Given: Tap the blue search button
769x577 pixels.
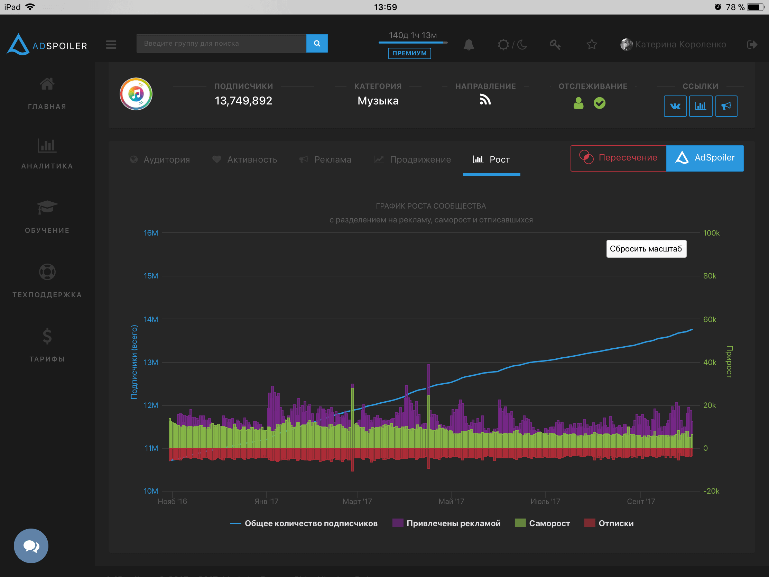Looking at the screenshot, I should tap(317, 44).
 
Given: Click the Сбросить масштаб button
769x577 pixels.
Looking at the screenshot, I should tap(646, 249).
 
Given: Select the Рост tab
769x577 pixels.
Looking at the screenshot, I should tap(492, 159).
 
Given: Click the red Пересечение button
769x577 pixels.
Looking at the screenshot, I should tap(618, 158).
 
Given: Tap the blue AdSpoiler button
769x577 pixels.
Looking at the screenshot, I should tap(705, 158).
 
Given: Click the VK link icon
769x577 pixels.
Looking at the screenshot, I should tap(675, 106).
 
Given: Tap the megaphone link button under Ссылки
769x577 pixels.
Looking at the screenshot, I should tap(726, 106).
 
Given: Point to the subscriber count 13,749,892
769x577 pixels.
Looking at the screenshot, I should tap(243, 101).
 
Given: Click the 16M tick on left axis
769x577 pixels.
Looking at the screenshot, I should tap(150, 233).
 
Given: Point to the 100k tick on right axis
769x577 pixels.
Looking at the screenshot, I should tap(711, 233).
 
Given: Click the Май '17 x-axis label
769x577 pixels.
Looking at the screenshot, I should tap(451, 501).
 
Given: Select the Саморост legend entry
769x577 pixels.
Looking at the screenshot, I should tap(542, 523).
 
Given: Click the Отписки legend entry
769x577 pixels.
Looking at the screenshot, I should tap(609, 523).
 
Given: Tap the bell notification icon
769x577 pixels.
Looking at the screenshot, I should tap(469, 45).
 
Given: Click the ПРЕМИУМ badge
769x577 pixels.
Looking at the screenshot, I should tap(409, 53).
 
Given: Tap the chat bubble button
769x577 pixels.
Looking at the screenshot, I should tap(31, 546).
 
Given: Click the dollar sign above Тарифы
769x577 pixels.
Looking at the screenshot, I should tap(47, 336).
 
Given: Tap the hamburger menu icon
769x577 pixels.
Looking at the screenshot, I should tap(111, 45).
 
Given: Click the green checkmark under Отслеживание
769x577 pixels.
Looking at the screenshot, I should tap(599, 103).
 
